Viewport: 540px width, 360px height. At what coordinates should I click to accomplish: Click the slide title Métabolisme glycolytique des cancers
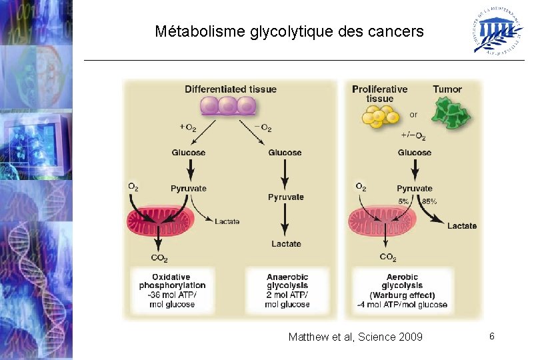[x=289, y=31]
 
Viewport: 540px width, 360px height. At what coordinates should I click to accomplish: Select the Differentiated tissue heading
[x=230, y=89]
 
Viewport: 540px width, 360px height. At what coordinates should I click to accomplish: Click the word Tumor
[x=447, y=89]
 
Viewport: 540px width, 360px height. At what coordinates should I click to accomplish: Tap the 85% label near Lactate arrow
[x=430, y=201]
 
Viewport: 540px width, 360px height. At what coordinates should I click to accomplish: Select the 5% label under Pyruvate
[x=404, y=201]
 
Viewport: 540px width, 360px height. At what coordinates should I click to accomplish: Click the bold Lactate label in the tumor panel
[x=462, y=226]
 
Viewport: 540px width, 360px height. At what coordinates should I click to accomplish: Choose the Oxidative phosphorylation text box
[x=171, y=291]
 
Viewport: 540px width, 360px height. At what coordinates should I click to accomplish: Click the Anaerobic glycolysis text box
[x=287, y=291]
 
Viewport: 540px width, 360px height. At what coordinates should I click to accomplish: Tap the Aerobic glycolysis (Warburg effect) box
[x=402, y=291]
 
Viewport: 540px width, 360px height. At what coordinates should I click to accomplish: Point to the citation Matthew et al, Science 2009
[x=355, y=337]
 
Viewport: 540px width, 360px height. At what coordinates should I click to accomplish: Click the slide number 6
[x=491, y=336]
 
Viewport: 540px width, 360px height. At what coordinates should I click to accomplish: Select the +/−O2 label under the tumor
[x=413, y=136]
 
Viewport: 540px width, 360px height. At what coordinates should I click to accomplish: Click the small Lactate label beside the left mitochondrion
[x=227, y=221]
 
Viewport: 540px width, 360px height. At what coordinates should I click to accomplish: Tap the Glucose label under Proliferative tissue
[x=415, y=153]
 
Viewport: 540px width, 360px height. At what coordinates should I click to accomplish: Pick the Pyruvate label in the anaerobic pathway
[x=286, y=197]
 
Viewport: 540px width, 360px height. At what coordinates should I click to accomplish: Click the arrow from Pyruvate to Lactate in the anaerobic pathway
[x=286, y=219]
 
